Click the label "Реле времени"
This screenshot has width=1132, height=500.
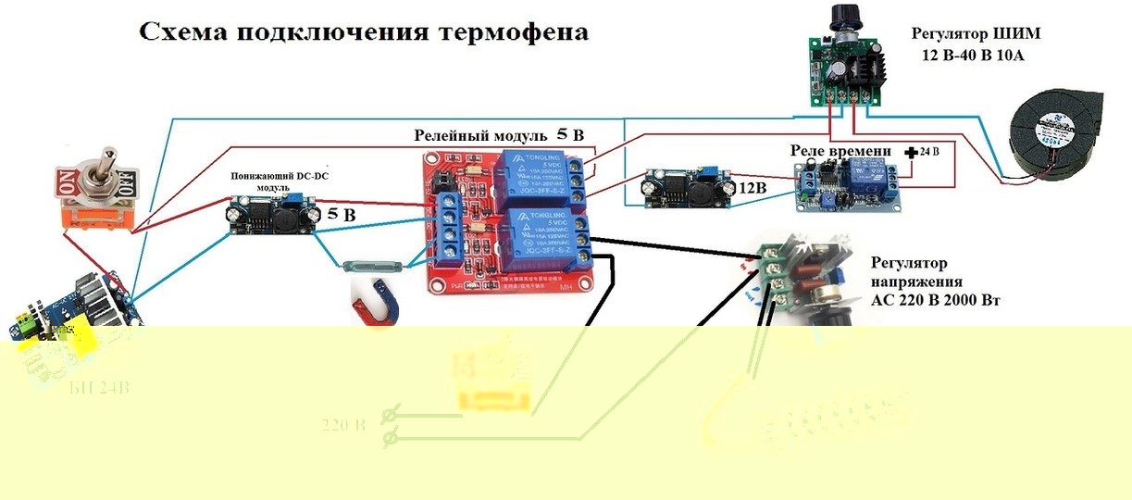(x=840, y=151)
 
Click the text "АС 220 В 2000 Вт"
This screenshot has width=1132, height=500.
(x=935, y=301)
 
